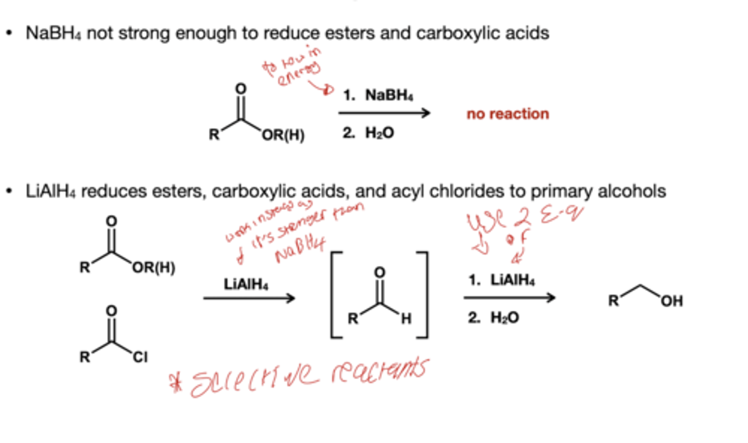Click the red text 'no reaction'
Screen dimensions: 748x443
point(507,114)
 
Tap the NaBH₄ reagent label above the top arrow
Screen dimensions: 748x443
point(389,96)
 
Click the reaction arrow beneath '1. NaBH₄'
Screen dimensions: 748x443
point(384,113)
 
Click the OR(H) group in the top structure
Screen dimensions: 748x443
point(283,135)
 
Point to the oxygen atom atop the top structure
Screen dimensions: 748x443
point(240,89)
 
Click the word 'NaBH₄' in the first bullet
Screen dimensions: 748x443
point(53,34)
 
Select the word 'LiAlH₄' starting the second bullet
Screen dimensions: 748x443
point(50,191)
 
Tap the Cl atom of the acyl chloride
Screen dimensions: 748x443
point(140,357)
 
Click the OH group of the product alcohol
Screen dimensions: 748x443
point(672,301)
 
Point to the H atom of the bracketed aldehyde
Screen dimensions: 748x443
point(406,318)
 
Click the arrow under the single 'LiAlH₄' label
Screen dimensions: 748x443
point(249,298)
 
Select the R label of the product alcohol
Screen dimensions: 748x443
point(614,301)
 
